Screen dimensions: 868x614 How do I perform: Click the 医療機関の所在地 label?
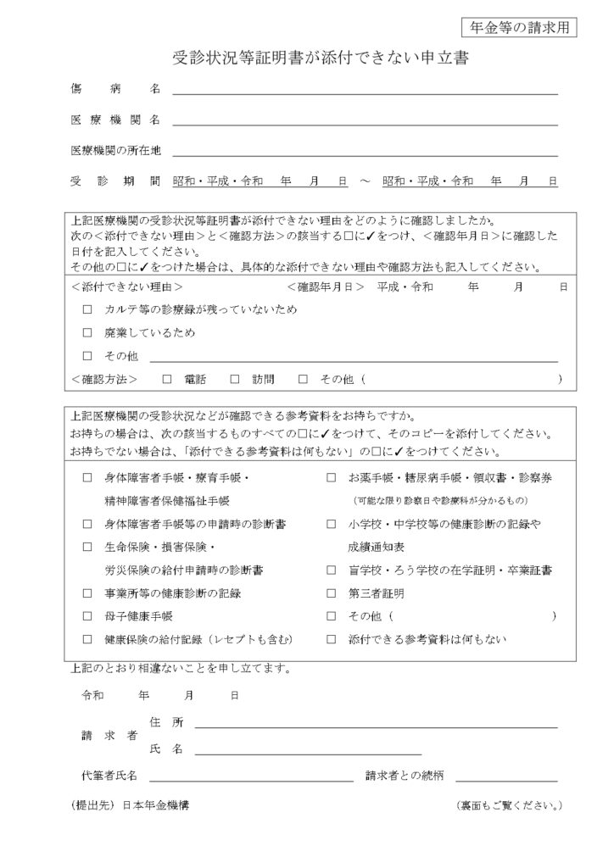point(116,151)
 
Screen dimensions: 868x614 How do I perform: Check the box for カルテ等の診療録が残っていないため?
point(87,309)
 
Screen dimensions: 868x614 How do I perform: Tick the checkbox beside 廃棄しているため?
point(87,333)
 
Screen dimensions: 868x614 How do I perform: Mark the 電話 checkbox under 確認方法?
point(166,379)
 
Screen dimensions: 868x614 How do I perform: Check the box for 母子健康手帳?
point(87,616)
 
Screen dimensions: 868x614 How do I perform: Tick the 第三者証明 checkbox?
point(332,593)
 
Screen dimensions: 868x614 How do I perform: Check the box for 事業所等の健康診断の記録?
point(87,593)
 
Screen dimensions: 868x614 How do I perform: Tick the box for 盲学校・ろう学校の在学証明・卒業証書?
point(332,570)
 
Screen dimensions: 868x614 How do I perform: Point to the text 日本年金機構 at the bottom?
point(155,805)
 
